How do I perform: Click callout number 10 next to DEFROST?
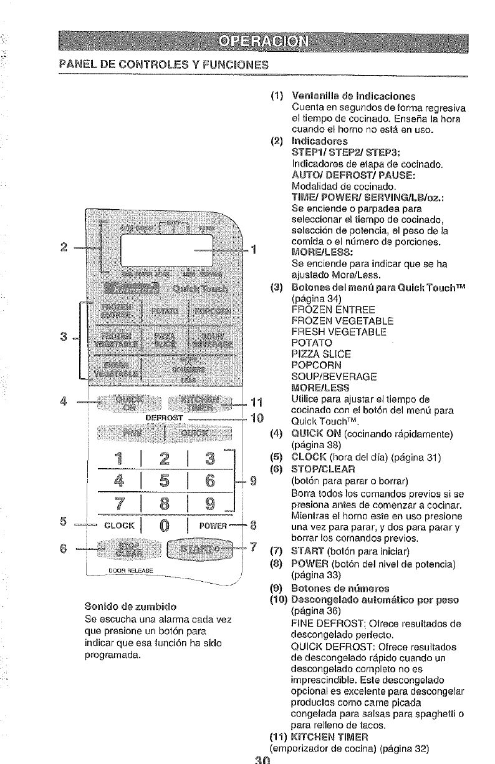[255, 417]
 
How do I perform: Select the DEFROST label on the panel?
[163, 417]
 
